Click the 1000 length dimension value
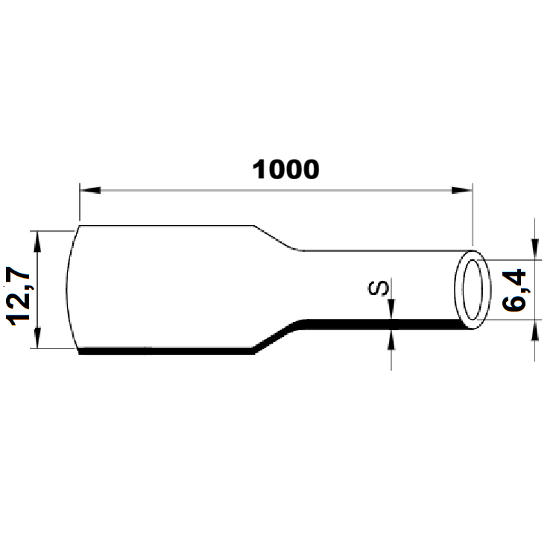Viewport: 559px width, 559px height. [x=286, y=169]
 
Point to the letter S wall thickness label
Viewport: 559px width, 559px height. [x=381, y=288]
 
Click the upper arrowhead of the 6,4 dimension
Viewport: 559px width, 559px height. [x=535, y=250]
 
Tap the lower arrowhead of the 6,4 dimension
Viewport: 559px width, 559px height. [x=535, y=329]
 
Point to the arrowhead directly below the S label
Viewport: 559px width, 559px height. [x=391, y=311]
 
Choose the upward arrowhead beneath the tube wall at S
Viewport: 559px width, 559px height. [x=391, y=337]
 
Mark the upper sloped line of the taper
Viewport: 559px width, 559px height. [x=277, y=238]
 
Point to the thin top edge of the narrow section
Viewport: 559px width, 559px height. [x=380, y=250]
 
